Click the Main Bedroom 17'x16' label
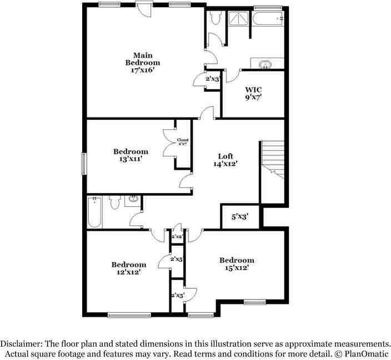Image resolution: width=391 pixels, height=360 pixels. [x=142, y=63]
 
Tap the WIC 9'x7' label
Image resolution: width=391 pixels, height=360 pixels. [x=253, y=93]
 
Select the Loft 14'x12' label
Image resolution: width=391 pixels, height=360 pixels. [x=225, y=160]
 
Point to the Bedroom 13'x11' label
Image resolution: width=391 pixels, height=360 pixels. [x=131, y=155]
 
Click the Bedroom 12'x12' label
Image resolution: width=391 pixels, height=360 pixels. [x=128, y=268]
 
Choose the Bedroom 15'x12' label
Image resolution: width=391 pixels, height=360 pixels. [x=237, y=264]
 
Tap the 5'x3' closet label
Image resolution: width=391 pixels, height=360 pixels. [x=239, y=216]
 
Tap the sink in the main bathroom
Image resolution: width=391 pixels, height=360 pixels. [x=267, y=64]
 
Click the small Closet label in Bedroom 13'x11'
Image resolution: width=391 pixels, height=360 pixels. [x=182, y=141]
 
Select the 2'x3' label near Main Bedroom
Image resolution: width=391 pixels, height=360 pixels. [x=213, y=79]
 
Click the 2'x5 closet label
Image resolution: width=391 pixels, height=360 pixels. [x=177, y=259]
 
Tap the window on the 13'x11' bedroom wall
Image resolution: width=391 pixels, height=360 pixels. [x=84, y=163]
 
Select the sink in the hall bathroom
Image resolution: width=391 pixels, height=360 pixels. [x=133, y=199]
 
